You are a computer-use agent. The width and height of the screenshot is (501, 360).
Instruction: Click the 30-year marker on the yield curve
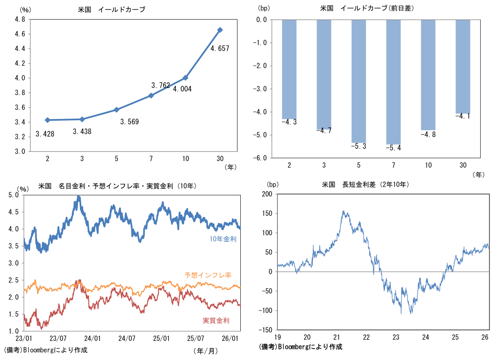click(x=220, y=30)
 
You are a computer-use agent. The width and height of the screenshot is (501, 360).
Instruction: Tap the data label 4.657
click(x=219, y=49)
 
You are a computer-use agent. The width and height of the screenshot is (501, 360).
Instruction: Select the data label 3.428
click(x=45, y=134)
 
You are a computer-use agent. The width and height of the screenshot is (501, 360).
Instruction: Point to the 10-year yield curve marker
click(x=186, y=77)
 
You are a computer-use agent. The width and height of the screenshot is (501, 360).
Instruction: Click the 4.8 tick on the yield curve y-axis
click(x=20, y=19)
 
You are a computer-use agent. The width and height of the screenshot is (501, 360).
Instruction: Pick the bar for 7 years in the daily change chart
click(x=393, y=82)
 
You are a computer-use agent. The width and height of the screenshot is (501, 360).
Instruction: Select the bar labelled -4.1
click(x=463, y=66)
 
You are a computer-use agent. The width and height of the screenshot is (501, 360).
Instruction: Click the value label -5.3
click(x=359, y=146)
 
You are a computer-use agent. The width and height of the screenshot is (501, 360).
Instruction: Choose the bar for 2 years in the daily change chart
click(x=289, y=69)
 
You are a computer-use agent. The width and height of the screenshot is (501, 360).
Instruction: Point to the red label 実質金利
click(x=216, y=320)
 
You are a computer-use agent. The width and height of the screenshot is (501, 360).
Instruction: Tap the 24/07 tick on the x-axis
click(x=127, y=338)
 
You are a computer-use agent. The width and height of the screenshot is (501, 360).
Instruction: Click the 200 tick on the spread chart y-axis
click(x=268, y=194)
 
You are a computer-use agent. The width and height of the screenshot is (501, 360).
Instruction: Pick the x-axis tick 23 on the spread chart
click(x=396, y=337)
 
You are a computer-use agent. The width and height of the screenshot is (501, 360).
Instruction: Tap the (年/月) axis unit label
click(x=205, y=350)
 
